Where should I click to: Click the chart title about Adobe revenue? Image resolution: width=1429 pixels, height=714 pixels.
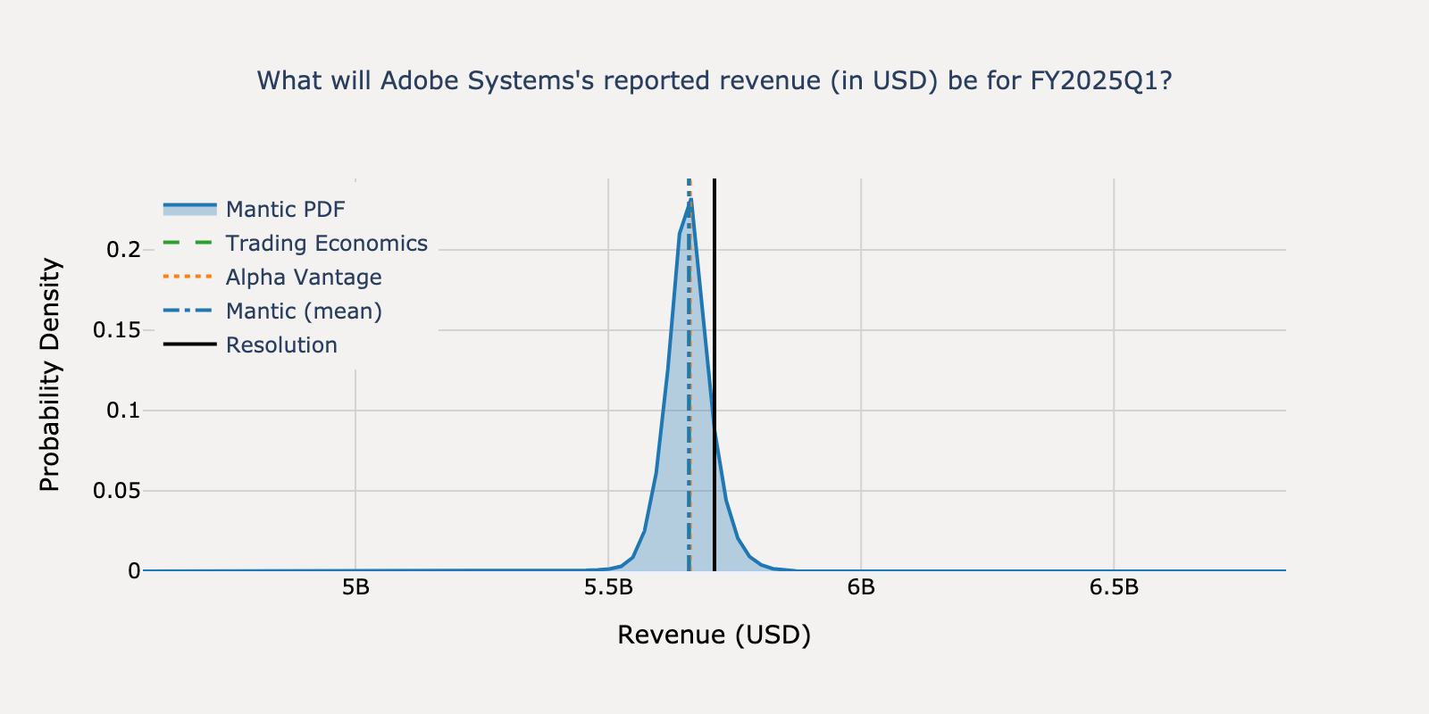click(714, 81)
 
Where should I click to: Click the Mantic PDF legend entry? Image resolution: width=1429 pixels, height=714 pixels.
click(285, 210)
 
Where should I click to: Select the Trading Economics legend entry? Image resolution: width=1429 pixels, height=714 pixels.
click(326, 244)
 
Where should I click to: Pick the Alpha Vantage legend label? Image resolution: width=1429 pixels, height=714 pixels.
click(303, 278)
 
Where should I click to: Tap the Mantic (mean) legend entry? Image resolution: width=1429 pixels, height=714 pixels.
click(303, 311)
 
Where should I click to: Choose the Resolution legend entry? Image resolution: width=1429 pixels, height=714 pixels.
click(281, 345)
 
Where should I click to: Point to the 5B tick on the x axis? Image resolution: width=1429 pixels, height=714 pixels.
click(355, 588)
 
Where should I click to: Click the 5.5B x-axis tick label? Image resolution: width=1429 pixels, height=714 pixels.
click(608, 588)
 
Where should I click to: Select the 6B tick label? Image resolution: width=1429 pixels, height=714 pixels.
click(861, 588)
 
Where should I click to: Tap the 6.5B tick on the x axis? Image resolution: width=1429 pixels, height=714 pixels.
click(1114, 588)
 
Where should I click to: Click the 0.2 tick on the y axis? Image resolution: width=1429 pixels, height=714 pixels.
click(123, 250)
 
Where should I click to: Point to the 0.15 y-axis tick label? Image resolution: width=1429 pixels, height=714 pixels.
click(117, 330)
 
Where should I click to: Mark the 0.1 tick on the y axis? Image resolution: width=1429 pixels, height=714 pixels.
click(123, 411)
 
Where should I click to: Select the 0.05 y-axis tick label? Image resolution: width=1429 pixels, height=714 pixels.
click(117, 491)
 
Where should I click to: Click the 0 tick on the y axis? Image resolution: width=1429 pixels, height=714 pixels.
click(134, 571)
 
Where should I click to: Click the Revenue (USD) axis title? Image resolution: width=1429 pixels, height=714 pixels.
click(714, 635)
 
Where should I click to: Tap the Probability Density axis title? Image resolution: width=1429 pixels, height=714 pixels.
click(50, 375)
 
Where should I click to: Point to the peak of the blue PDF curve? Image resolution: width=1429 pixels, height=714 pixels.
click(690, 201)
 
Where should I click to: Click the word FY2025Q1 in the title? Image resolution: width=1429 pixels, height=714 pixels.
click(1100, 81)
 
